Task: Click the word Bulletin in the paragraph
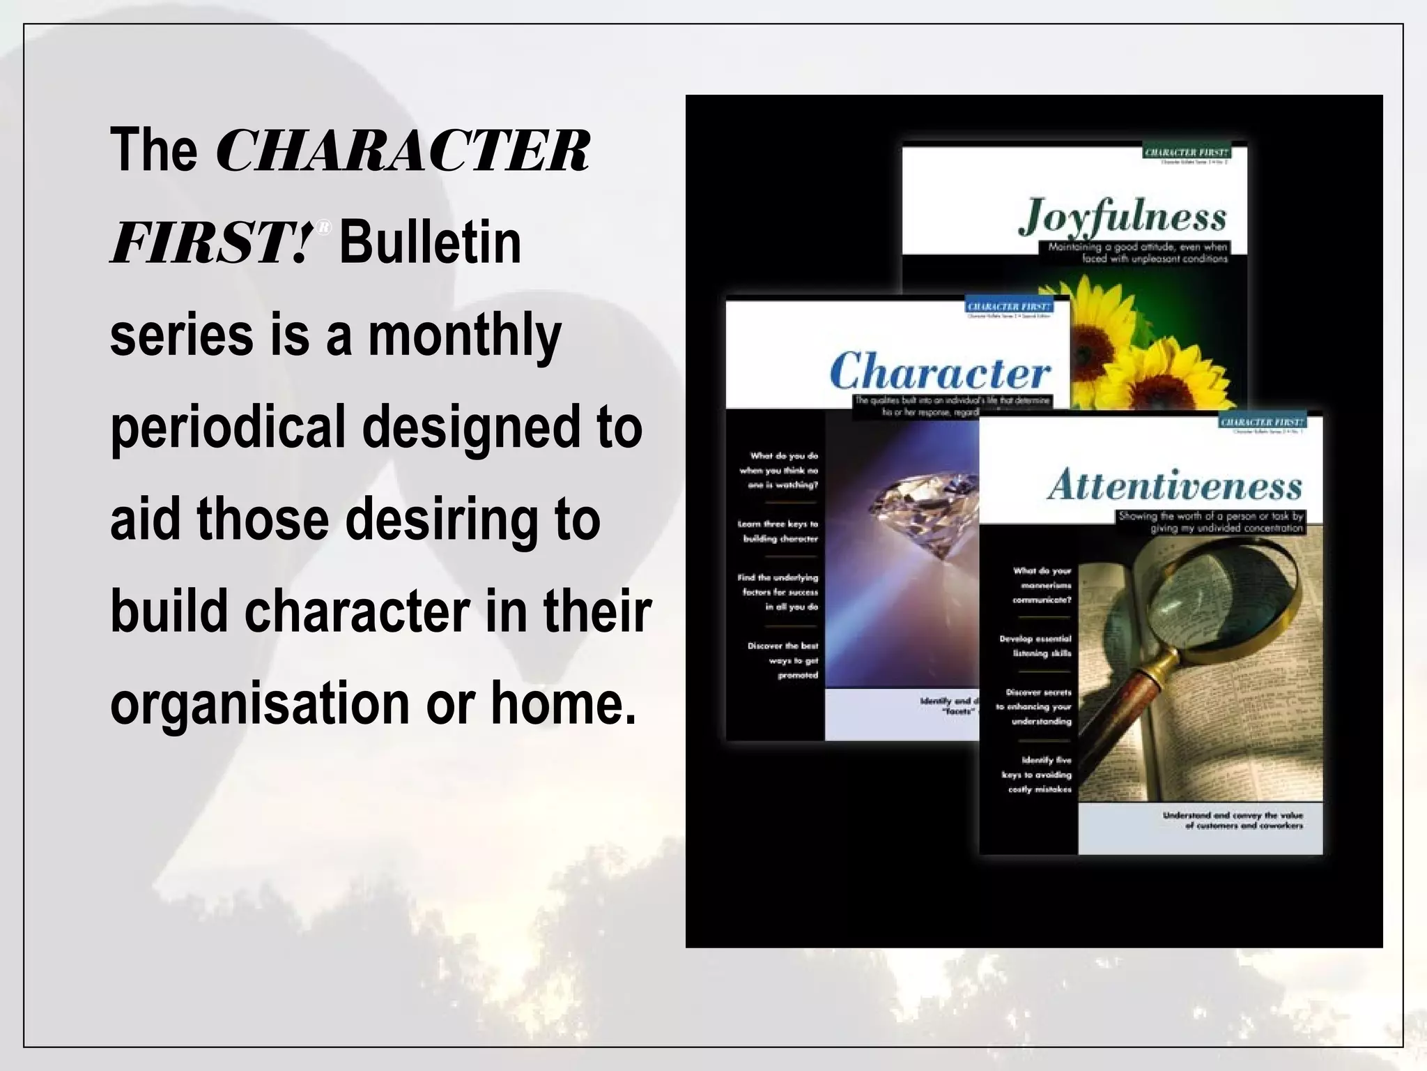[430, 243]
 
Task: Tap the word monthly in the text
[464, 336]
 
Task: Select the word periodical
[228, 427]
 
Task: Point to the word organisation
[260, 704]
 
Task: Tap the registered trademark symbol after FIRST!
[323, 227]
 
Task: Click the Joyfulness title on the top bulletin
[1123, 216]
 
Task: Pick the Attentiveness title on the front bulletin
[1175, 485]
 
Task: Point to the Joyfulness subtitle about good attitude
[1138, 252]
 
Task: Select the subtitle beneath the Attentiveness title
[1211, 522]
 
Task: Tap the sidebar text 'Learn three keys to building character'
[778, 531]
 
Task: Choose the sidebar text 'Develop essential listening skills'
[1035, 646]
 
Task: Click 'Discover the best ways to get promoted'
[782, 660]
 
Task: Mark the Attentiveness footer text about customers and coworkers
[1232, 820]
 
